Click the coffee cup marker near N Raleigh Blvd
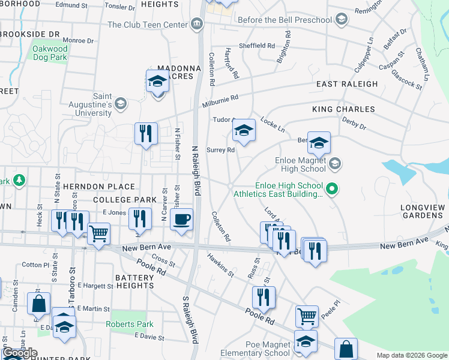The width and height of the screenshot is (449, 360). click(x=181, y=219)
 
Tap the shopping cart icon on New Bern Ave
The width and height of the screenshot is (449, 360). click(x=98, y=233)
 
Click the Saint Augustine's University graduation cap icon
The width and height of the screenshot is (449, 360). click(x=120, y=104)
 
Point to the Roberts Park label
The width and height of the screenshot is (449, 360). click(x=130, y=324)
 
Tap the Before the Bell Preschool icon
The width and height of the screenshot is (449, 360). click(x=342, y=20)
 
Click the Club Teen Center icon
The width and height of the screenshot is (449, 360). click(x=196, y=25)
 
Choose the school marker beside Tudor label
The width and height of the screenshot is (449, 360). click(x=244, y=130)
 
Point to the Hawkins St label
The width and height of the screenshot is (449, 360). click(x=220, y=264)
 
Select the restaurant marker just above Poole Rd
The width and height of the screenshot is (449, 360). click(x=264, y=296)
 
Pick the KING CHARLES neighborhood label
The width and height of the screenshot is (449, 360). click(x=343, y=109)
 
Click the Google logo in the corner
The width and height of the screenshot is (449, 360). click(x=20, y=353)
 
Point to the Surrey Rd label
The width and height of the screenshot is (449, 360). click(x=220, y=150)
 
